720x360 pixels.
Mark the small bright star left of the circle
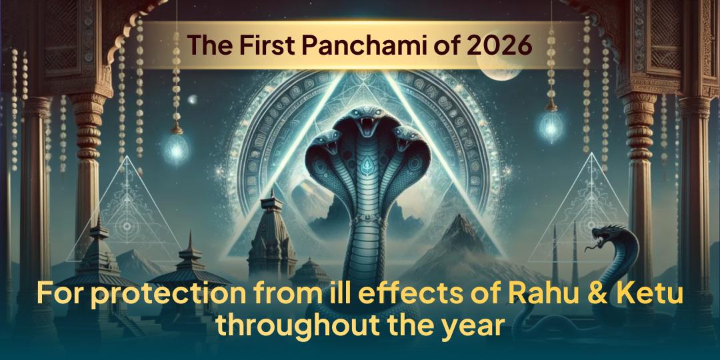(x=193, y=100)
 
